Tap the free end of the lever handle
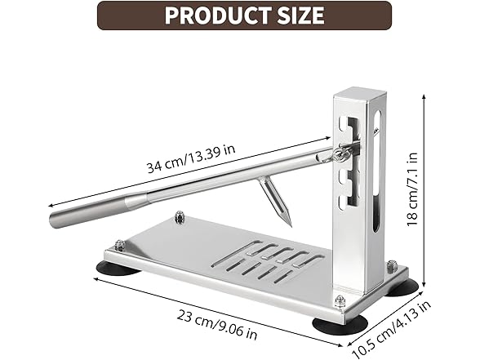tap(57, 218)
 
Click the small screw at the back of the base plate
tap(180, 216)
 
